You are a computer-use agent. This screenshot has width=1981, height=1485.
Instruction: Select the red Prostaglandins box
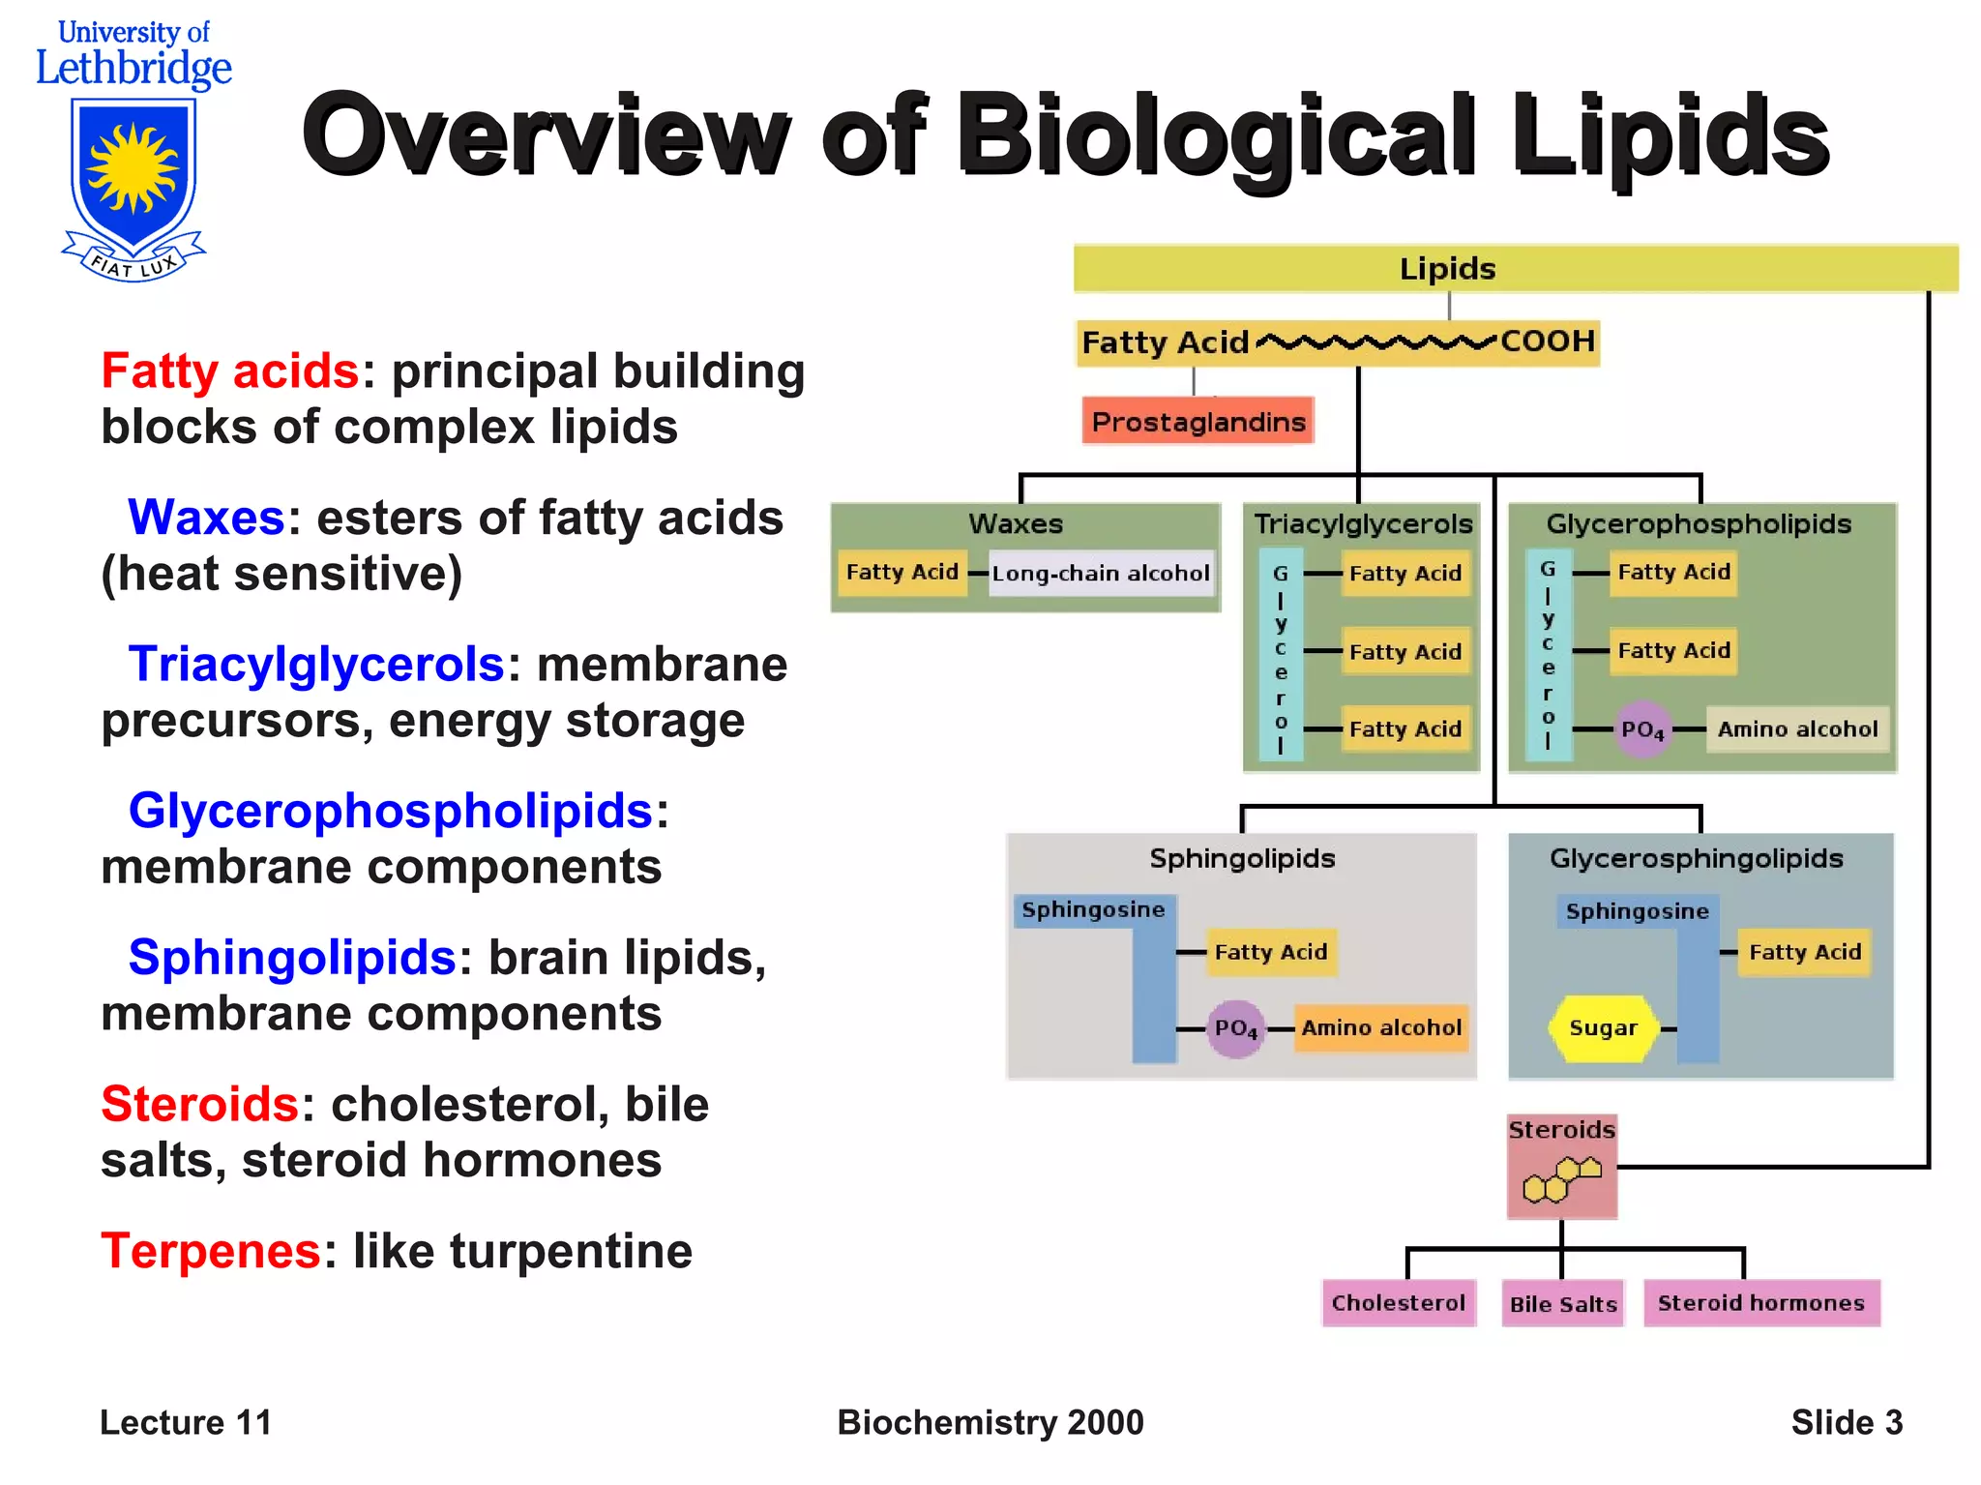pyautogui.click(x=1197, y=422)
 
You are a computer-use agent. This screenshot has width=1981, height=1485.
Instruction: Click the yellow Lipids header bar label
pyautogui.click(x=1447, y=268)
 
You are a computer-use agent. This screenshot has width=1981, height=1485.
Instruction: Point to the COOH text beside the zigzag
pyautogui.click(x=1547, y=342)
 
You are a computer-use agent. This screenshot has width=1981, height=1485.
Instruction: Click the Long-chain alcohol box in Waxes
pyautogui.click(x=1101, y=573)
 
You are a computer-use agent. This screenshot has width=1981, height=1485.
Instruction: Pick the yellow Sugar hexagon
pyautogui.click(x=1603, y=1028)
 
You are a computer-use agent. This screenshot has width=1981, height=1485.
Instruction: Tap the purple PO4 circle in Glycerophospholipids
pyautogui.click(x=1642, y=729)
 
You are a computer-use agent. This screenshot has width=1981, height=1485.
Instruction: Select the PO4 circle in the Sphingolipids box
pyautogui.click(x=1236, y=1028)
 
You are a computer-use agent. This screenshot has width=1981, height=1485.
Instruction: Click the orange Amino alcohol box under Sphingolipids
pyautogui.click(x=1381, y=1028)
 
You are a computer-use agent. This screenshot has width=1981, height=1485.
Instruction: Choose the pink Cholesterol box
pyautogui.click(x=1398, y=1303)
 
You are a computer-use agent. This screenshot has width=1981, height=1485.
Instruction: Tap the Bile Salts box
pyautogui.click(x=1563, y=1304)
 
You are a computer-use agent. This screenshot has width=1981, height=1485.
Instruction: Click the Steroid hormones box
pyautogui.click(x=1760, y=1303)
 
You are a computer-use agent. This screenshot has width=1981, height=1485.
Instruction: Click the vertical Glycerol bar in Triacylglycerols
pyautogui.click(x=1281, y=655)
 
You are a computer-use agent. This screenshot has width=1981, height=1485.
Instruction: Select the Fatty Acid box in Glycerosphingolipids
pyautogui.click(x=1804, y=952)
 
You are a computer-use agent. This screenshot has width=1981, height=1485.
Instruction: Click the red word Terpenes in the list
pyautogui.click(x=211, y=1251)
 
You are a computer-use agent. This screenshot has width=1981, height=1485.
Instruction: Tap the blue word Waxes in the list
pyautogui.click(x=206, y=518)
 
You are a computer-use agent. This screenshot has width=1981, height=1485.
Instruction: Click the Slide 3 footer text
pyautogui.click(x=1846, y=1423)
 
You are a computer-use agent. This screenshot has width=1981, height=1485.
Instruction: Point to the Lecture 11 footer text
pyautogui.click(x=186, y=1423)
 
